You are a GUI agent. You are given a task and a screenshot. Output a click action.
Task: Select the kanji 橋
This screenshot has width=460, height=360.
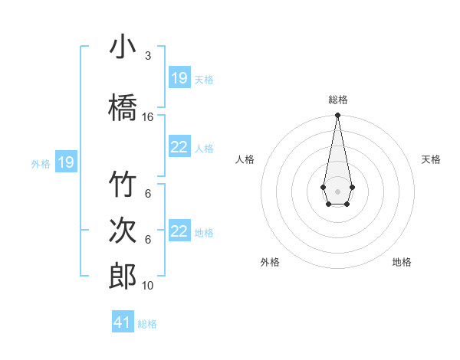[123, 106]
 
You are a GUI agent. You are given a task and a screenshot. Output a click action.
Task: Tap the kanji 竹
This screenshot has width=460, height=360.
[123, 185]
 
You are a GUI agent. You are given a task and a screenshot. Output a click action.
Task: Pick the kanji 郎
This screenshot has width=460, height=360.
[123, 276]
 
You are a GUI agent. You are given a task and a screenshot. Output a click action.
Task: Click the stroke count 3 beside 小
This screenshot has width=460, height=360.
[148, 56]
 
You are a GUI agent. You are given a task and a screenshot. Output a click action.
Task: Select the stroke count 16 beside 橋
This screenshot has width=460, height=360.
[148, 117]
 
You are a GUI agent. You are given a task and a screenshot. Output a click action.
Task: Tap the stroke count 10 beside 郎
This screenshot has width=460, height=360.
[148, 286]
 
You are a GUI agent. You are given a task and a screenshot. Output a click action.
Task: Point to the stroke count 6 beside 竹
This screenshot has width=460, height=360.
[148, 194]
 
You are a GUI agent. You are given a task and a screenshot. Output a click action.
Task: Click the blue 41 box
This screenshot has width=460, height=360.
[123, 322]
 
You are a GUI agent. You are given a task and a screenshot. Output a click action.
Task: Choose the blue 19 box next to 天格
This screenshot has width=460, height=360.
[179, 78]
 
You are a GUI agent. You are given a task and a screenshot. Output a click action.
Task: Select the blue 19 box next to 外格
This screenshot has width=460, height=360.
[65, 162]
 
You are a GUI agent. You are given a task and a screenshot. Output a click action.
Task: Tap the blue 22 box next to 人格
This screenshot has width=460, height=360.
[179, 147]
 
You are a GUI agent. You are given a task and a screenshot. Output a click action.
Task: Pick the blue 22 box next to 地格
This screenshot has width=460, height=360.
[179, 231]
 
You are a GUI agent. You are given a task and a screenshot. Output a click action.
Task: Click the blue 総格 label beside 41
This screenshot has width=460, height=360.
[147, 324]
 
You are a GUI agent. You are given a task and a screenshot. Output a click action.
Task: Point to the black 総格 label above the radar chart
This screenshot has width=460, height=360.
[337, 100]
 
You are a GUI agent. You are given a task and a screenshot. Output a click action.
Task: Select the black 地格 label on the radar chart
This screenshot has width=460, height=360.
[402, 263]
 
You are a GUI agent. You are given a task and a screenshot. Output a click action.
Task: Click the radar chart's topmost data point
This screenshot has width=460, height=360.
[337, 116]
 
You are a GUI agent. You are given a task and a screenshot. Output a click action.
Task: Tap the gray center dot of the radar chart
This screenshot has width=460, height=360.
[337, 190]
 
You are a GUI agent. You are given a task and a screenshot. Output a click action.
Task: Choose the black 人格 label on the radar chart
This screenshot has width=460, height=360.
[245, 159]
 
